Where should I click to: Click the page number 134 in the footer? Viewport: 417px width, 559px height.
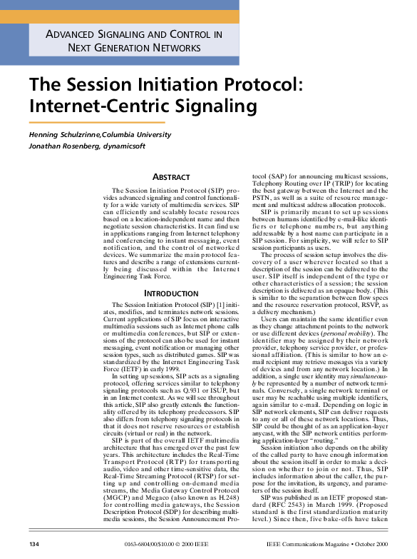[x=33, y=545]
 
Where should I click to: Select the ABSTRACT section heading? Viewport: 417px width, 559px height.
[x=172, y=177]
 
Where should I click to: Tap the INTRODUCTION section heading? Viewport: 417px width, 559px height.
[x=172, y=293]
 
